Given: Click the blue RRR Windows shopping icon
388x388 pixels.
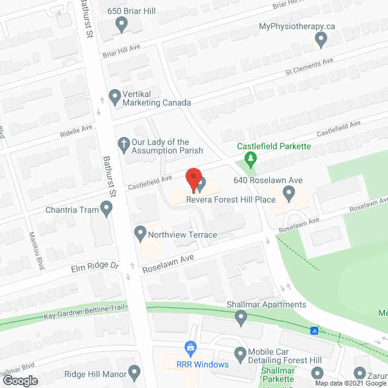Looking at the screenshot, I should coord(191,348).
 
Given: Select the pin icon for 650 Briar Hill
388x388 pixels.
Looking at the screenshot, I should coord(121,25).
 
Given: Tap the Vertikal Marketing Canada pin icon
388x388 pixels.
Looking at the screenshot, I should coord(114,95).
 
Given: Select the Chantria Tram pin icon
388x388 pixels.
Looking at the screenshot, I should coord(107,210).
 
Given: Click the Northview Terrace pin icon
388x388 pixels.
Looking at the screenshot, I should coord(140,233).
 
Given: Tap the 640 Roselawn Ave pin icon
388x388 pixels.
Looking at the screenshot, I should coord(289,193).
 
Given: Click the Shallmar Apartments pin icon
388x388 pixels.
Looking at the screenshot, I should coord(241,316).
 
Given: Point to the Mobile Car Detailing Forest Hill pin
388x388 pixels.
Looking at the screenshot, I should coord(241,353).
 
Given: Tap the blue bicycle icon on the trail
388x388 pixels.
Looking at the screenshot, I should coord(314,331).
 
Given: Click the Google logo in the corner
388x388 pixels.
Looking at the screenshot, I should coord(19,380).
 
